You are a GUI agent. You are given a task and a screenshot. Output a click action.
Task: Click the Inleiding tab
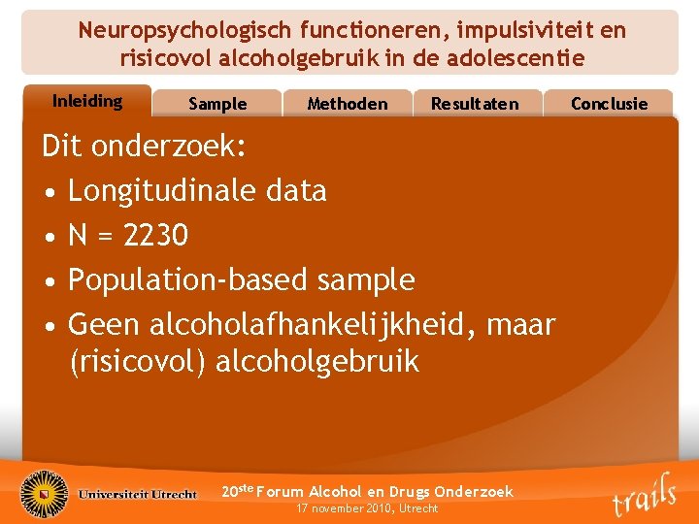click(86, 101)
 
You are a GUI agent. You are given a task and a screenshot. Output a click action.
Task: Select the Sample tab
click(217, 104)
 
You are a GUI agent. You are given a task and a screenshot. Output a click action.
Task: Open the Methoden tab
click(347, 104)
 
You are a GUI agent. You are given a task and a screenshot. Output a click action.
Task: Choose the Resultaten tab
click(475, 104)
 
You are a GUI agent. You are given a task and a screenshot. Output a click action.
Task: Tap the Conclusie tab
click(609, 104)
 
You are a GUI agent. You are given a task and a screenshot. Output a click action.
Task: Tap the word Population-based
click(184, 279)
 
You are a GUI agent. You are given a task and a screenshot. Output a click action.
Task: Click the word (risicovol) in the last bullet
click(138, 362)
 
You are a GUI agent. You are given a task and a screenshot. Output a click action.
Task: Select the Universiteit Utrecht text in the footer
click(138, 494)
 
